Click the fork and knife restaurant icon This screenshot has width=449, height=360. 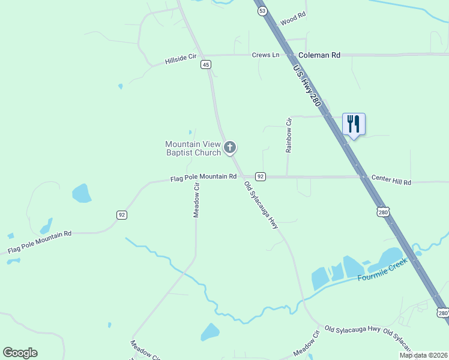[x=354, y=124]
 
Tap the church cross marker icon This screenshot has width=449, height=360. [x=229, y=148]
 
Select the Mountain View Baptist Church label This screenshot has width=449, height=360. [x=193, y=148]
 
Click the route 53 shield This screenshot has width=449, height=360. [x=262, y=11]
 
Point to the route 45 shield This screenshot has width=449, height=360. [x=206, y=64]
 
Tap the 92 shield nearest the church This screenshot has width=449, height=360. [x=260, y=176]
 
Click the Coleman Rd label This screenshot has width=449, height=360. [x=319, y=55]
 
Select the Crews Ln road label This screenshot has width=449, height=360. [x=266, y=55]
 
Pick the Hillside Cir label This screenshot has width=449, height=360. [x=181, y=59]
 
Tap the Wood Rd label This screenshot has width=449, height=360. [x=293, y=19]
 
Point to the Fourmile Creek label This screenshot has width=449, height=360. [x=382, y=270]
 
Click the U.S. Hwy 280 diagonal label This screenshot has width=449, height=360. [x=307, y=86]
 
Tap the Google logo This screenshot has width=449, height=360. [x=20, y=353]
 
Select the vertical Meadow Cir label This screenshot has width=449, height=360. [x=196, y=200]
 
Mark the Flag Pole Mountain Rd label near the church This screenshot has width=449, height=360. [x=203, y=177]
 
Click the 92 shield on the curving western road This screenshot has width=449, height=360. [x=122, y=214]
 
